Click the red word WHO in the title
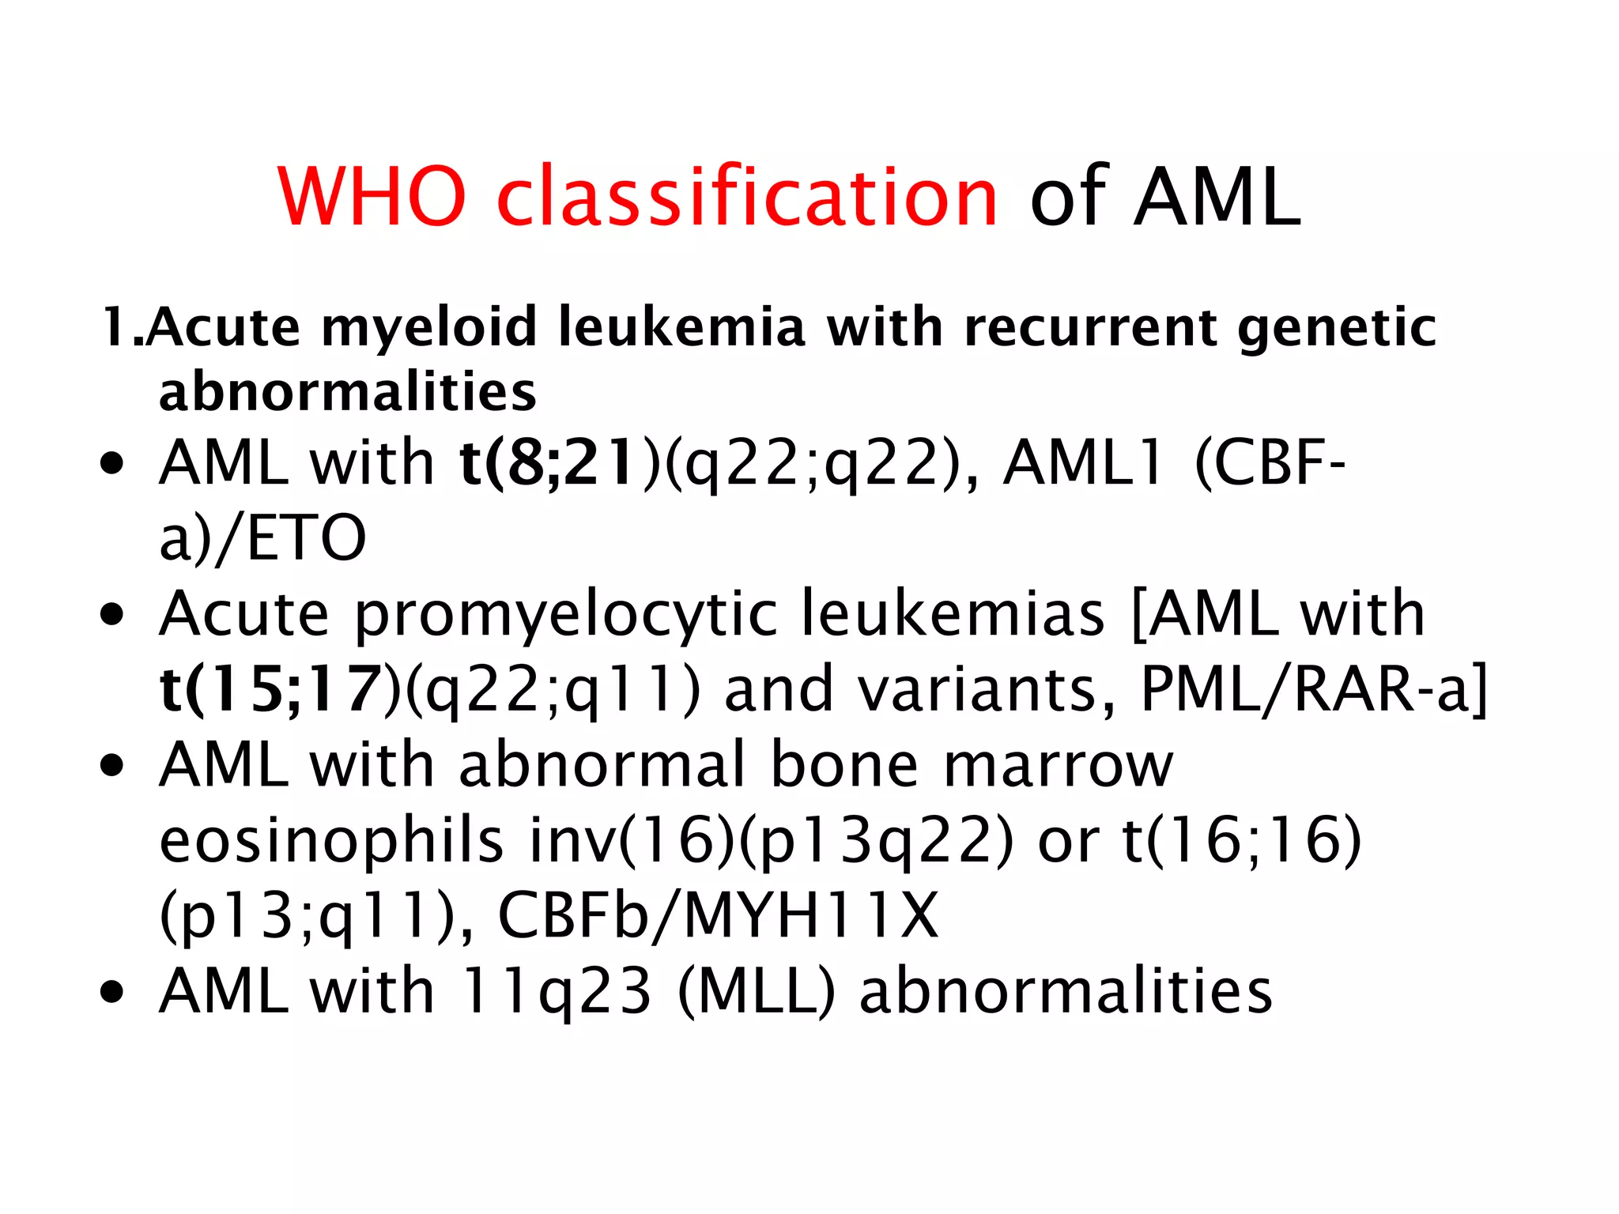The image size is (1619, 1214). point(372,197)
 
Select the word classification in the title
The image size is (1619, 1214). point(747,197)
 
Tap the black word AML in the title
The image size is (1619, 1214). point(1217,197)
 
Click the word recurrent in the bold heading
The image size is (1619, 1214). point(1091,327)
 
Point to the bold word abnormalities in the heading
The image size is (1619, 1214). point(348,392)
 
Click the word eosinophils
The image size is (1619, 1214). point(331,841)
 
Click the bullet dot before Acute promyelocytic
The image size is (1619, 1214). point(113,615)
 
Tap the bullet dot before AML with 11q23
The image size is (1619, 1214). point(113,993)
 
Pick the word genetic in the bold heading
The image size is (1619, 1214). point(1336,327)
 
